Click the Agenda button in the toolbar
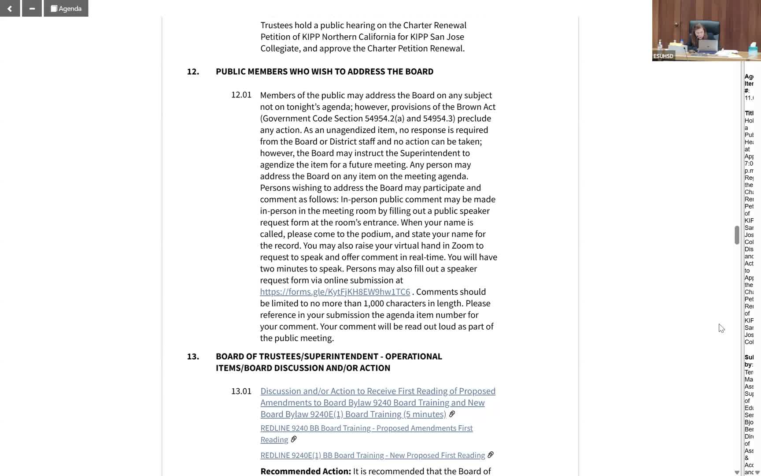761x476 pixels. pos(66,8)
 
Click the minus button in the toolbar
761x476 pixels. pos(32,8)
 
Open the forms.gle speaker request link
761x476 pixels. pos(335,292)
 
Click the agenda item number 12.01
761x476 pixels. pos(241,95)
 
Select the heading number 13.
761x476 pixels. pos(193,356)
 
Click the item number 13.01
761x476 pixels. pos(241,391)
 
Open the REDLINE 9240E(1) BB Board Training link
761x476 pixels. pos(372,455)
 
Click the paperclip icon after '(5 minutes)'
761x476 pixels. pos(452,414)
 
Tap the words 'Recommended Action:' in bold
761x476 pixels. pos(305,471)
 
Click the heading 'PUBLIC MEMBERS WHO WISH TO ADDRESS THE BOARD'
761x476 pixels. pos(324,71)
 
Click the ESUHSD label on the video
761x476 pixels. pos(663,56)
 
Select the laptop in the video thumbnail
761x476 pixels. pos(708,45)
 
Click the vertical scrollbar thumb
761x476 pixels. pos(736,235)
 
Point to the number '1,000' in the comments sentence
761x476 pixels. pos(373,303)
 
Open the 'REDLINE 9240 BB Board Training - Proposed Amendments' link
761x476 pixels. pos(366,428)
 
